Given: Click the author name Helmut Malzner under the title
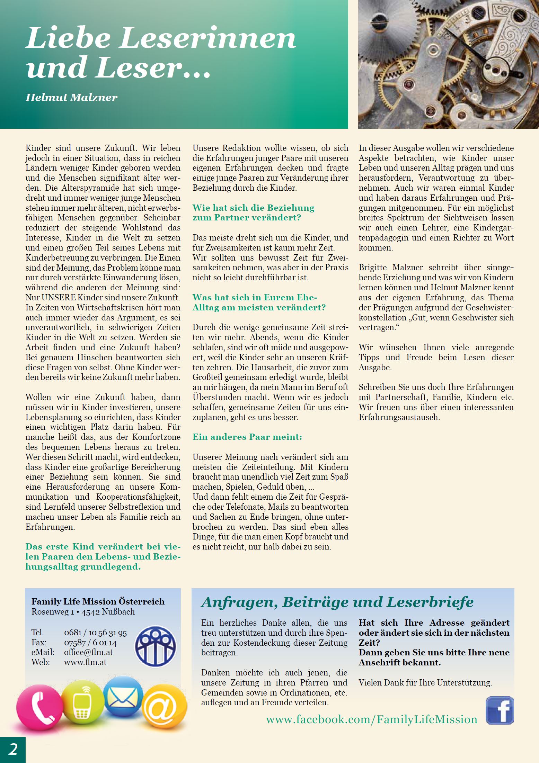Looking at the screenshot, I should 71,97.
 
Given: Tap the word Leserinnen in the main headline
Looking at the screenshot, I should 208,38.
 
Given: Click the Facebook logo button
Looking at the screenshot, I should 500,710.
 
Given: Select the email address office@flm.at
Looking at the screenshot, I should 88,652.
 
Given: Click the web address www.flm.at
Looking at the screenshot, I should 85,662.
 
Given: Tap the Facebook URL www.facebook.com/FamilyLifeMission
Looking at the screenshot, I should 371,719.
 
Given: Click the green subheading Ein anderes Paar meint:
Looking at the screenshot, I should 247,437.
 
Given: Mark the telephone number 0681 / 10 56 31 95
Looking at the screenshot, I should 96,633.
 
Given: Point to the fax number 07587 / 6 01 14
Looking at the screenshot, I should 90,643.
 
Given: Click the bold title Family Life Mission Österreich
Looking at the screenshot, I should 98,601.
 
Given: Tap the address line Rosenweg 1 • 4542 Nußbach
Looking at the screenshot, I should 83,611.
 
